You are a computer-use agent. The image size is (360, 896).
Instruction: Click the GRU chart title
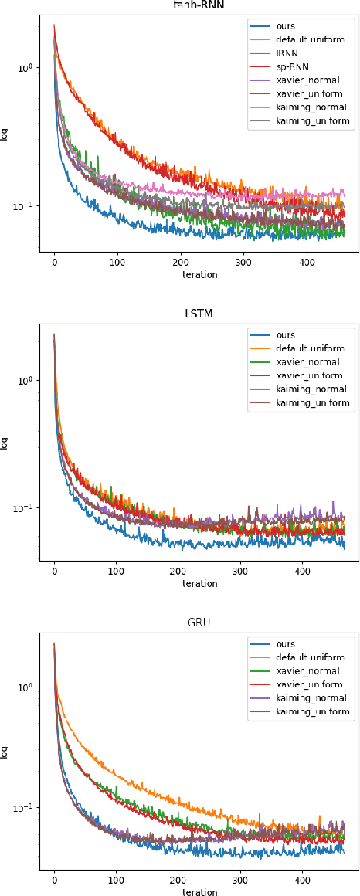199,623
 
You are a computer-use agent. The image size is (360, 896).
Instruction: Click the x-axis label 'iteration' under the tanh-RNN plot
199,274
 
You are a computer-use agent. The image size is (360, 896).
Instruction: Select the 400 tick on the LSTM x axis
303,572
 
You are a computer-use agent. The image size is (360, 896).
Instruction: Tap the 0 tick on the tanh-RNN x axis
54,263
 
